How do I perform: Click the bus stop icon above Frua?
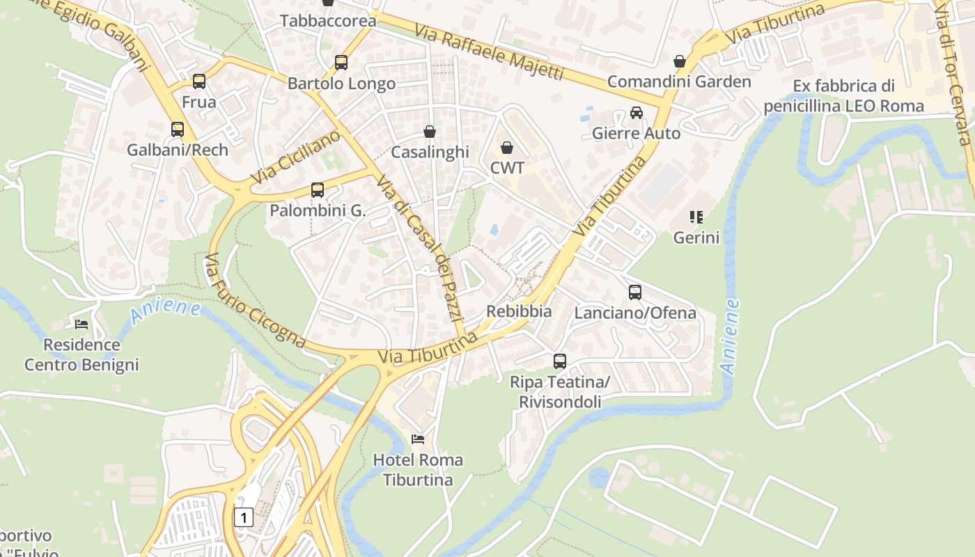pyautogui.click(x=199, y=81)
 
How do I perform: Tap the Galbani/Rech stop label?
pyautogui.click(x=177, y=150)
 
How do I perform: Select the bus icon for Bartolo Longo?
pyautogui.click(x=341, y=63)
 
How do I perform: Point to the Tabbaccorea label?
pyautogui.click(x=328, y=21)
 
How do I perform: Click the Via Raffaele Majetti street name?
pyautogui.click(x=487, y=53)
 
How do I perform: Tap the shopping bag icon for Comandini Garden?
pyautogui.click(x=679, y=61)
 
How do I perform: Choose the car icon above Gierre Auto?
pyautogui.click(x=636, y=113)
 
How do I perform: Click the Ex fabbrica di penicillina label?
pyautogui.click(x=843, y=96)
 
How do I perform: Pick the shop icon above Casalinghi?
pyautogui.click(x=430, y=132)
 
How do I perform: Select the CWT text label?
pyautogui.click(x=507, y=168)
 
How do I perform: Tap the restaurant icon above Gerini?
pyautogui.click(x=696, y=217)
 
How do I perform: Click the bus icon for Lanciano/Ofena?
pyautogui.click(x=634, y=292)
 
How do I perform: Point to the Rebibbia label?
pyautogui.click(x=519, y=311)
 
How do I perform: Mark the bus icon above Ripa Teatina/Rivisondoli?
pyautogui.click(x=559, y=361)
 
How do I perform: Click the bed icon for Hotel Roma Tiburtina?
pyautogui.click(x=418, y=439)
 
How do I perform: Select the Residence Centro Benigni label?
pyautogui.click(x=81, y=354)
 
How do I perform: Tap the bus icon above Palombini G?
pyautogui.click(x=318, y=190)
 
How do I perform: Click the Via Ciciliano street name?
pyautogui.click(x=295, y=157)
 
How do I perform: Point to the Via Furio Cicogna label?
pyautogui.click(x=254, y=301)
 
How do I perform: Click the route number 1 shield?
pyautogui.click(x=243, y=517)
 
